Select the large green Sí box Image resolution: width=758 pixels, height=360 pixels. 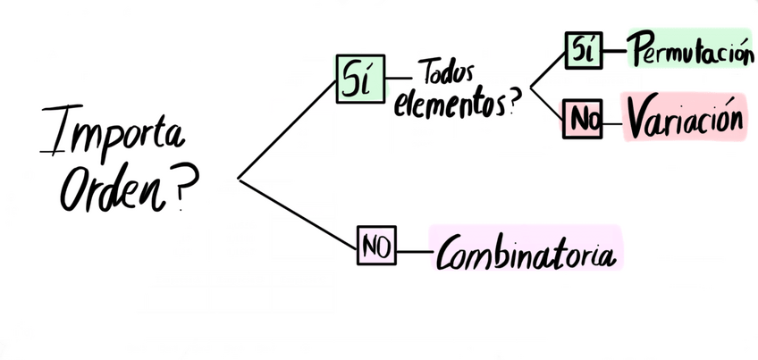click(x=358, y=80)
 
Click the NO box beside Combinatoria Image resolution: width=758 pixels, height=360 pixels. click(x=378, y=247)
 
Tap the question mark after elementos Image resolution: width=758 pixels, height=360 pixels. click(x=515, y=104)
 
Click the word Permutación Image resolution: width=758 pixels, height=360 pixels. click(x=688, y=51)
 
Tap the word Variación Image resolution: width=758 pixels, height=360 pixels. click(x=684, y=121)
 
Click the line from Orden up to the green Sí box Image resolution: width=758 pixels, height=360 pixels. click(x=286, y=130)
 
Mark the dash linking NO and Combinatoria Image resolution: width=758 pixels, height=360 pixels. click(x=414, y=249)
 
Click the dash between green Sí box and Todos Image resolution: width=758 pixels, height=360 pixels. click(x=399, y=79)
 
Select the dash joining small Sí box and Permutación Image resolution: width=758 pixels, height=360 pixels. click(x=615, y=51)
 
